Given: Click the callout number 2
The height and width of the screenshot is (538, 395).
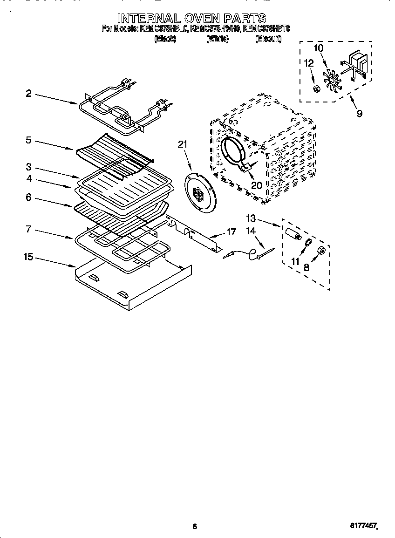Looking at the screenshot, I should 28,94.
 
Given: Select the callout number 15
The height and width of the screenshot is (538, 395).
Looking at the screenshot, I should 28,257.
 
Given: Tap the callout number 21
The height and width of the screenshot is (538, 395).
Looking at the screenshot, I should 182,144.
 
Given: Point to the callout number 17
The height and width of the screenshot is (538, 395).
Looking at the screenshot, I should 231,231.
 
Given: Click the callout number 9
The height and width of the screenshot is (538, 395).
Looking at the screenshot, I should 359,113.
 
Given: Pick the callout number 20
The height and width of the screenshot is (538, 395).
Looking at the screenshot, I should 257,185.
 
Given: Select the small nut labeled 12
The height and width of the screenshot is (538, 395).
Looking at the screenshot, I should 315,89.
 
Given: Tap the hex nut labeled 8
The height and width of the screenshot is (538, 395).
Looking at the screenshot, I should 321,251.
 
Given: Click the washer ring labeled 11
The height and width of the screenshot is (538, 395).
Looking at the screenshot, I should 308,242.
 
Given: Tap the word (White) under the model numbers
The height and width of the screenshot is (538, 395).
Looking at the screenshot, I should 217,40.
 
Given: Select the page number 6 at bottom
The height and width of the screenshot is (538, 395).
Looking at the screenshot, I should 195,526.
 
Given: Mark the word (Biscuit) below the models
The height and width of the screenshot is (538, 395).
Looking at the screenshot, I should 268,40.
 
